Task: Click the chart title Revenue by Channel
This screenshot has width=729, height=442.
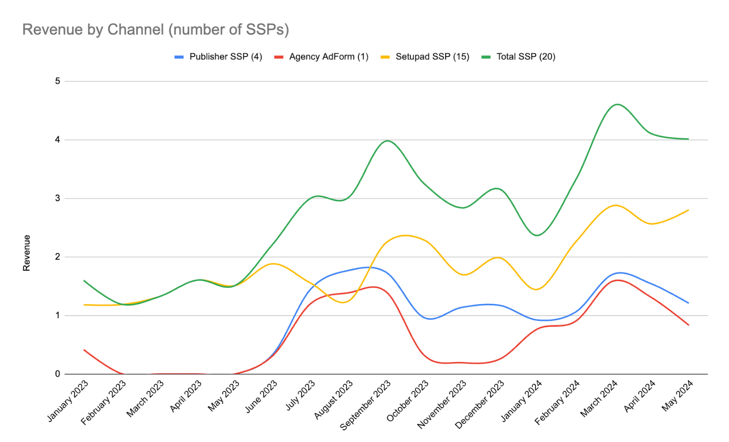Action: pos(155,30)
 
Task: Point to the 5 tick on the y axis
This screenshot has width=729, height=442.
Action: pos(57,81)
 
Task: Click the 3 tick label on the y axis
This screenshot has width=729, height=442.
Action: pos(57,198)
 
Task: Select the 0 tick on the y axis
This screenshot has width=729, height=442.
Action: pos(57,374)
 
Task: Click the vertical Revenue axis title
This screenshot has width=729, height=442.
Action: pos(26,253)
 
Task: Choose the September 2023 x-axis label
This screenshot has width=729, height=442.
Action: pos(366,405)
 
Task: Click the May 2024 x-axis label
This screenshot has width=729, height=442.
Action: pos(678,395)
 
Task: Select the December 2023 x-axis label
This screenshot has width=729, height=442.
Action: pos(480,404)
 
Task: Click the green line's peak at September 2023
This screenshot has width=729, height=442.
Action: pos(387,140)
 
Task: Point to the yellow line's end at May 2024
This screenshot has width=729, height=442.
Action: pos(688,210)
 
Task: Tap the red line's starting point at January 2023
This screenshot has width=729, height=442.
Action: pos(84,350)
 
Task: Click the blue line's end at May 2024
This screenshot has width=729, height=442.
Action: pos(688,303)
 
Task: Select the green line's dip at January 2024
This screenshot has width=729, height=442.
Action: pos(537,235)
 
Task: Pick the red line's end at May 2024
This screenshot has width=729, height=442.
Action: pos(688,325)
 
